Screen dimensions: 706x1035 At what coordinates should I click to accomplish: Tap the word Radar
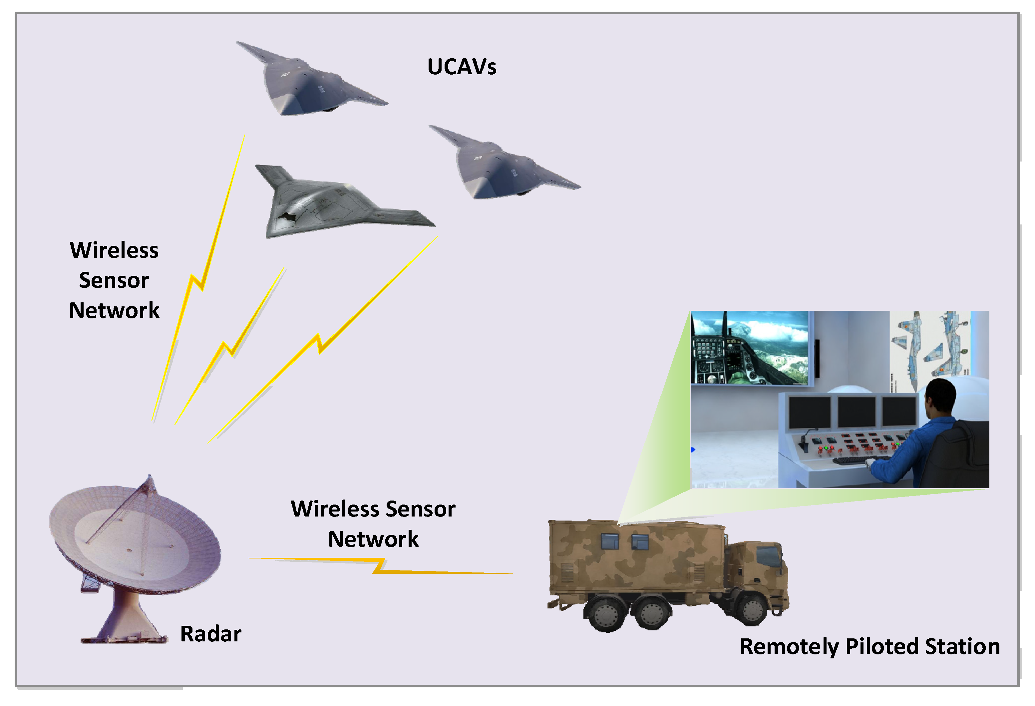211,633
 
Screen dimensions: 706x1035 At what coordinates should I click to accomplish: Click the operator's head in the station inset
940,396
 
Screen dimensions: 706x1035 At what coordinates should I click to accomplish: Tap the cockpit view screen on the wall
750,347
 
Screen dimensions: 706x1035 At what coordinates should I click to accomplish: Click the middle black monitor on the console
856,412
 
